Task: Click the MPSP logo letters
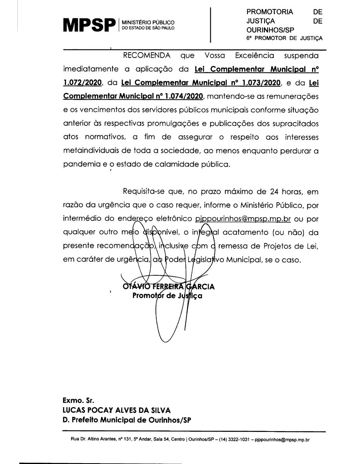point(89,25)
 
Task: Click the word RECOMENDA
point(146,55)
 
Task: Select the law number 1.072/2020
point(82,82)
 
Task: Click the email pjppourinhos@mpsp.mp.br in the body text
point(243,219)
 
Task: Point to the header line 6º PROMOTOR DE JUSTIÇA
point(284,38)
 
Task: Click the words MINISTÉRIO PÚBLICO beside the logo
point(148,23)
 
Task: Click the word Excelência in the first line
point(250,55)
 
